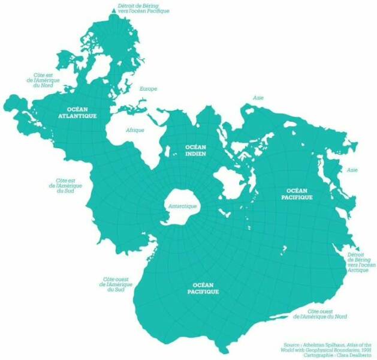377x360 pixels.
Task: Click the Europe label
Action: tap(148, 89)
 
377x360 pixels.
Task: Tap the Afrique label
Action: tap(135, 130)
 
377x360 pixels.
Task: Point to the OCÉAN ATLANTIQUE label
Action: tap(77, 113)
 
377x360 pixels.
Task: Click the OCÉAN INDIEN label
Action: tap(195, 150)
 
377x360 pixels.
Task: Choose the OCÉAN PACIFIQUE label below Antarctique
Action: tap(201, 289)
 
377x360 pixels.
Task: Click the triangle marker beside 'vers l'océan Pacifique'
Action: tap(113, 11)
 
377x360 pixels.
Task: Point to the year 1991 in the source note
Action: tap(366, 350)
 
